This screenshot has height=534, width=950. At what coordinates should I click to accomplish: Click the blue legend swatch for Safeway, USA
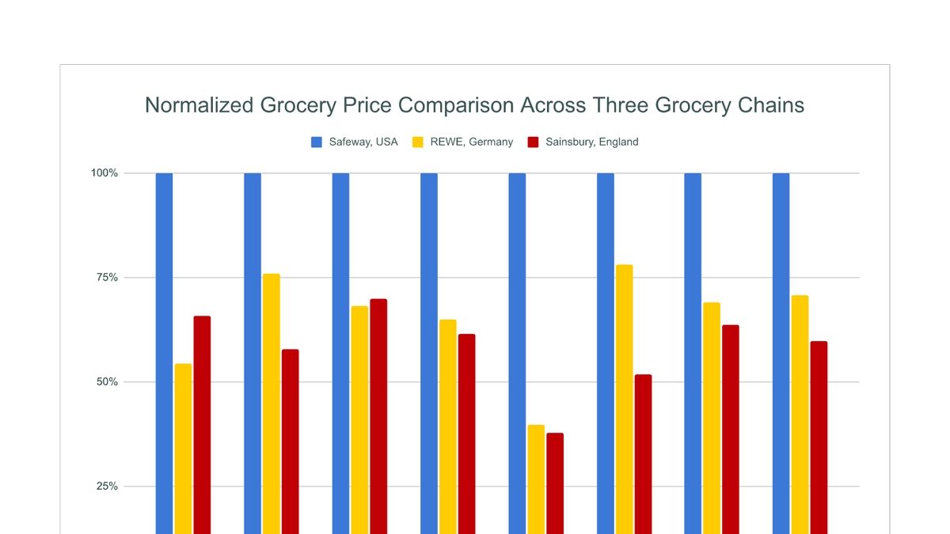click(x=317, y=142)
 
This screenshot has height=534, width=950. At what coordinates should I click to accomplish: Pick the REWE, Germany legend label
click(x=471, y=142)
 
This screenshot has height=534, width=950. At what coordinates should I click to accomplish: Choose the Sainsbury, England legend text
click(x=591, y=142)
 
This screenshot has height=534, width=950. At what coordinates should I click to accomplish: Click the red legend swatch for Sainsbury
click(x=533, y=142)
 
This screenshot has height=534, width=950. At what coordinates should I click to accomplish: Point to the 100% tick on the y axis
click(x=104, y=173)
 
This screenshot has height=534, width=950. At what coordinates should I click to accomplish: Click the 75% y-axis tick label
click(x=108, y=278)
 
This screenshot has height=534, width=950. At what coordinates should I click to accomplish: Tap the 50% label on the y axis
click(x=108, y=382)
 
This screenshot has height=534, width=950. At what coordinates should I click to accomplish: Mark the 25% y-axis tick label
click(x=108, y=487)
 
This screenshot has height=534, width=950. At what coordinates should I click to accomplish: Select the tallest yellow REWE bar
click(x=624, y=396)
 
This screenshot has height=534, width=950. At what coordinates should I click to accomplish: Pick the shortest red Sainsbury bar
click(x=555, y=483)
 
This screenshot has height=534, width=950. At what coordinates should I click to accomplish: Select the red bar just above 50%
click(x=643, y=451)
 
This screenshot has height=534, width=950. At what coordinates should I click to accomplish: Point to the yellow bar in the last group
click(x=800, y=411)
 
